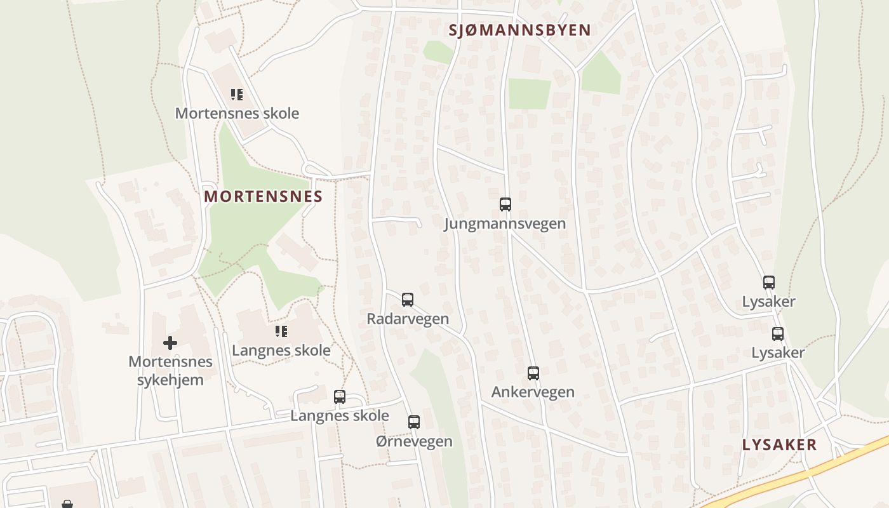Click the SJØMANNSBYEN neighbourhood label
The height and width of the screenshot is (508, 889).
[519, 30]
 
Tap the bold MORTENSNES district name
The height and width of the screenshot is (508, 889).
[264, 196]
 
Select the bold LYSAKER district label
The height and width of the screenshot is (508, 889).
[779, 444]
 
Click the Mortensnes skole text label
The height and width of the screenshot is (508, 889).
[237, 114]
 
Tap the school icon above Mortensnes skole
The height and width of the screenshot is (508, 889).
[237, 95]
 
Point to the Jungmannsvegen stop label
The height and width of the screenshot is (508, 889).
[505, 224]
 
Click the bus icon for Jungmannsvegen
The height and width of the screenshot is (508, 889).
[505, 204]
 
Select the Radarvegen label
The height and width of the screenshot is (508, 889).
[408, 319]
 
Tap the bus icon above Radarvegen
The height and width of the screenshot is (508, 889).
[408, 300]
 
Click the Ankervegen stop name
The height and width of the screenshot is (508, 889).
[533, 392]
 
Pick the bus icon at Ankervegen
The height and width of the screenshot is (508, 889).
[533, 373]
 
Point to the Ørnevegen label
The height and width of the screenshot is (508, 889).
[414, 441]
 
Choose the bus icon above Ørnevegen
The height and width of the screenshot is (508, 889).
[414, 422]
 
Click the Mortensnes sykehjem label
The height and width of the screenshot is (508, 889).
[170, 371]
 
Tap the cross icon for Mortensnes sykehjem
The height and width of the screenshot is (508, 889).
[170, 343]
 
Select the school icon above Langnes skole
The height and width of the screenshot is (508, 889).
[281, 331]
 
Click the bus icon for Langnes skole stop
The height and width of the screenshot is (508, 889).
[340, 397]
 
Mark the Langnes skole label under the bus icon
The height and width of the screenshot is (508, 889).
[340, 416]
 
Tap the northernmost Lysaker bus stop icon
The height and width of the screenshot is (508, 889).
[769, 283]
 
